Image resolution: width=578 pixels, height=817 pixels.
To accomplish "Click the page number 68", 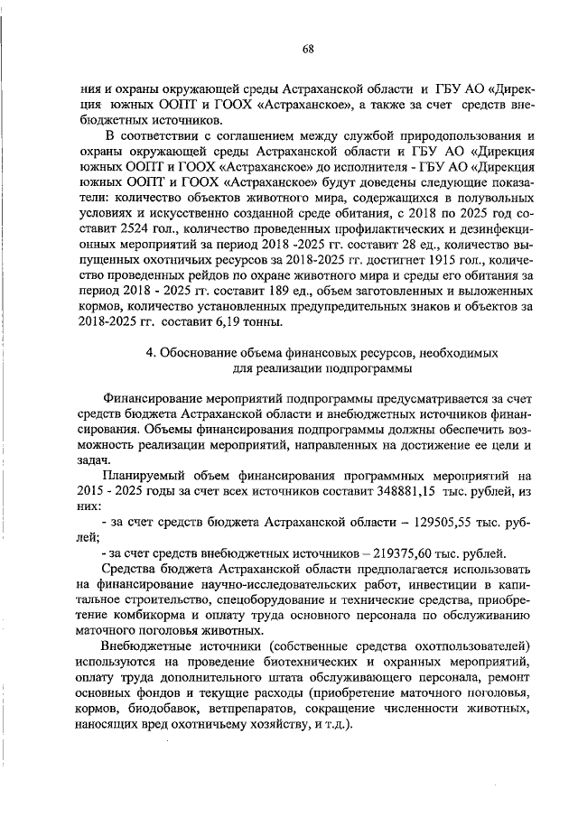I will [x=308, y=49].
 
